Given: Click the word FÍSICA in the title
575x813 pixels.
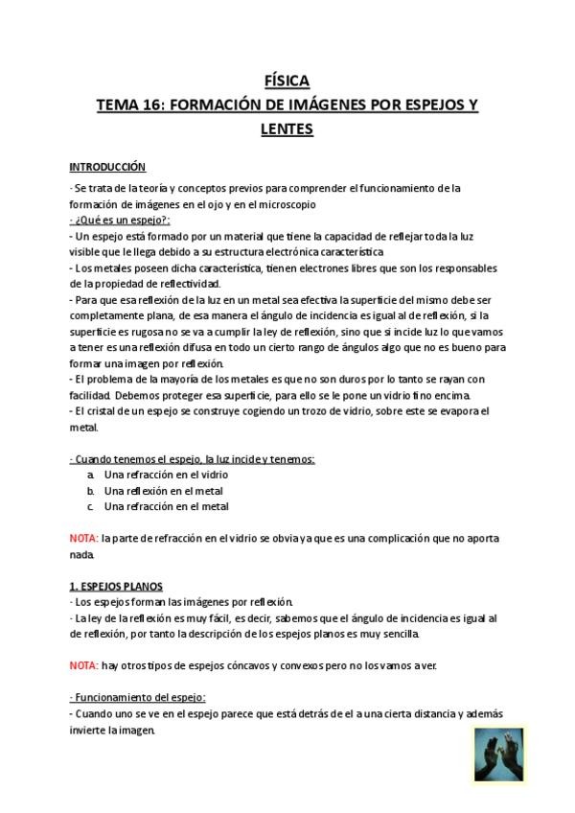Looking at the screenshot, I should tap(287, 81).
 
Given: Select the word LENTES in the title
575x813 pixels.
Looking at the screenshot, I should tap(287, 128).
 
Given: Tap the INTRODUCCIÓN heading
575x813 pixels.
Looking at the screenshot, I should tap(108, 166).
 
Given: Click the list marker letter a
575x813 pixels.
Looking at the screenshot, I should tap(89, 476).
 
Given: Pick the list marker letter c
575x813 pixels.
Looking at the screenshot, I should tap(89, 506).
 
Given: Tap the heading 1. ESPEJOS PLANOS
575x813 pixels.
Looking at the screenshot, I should tap(116, 586).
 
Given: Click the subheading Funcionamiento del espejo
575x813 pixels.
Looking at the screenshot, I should tap(139, 697).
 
